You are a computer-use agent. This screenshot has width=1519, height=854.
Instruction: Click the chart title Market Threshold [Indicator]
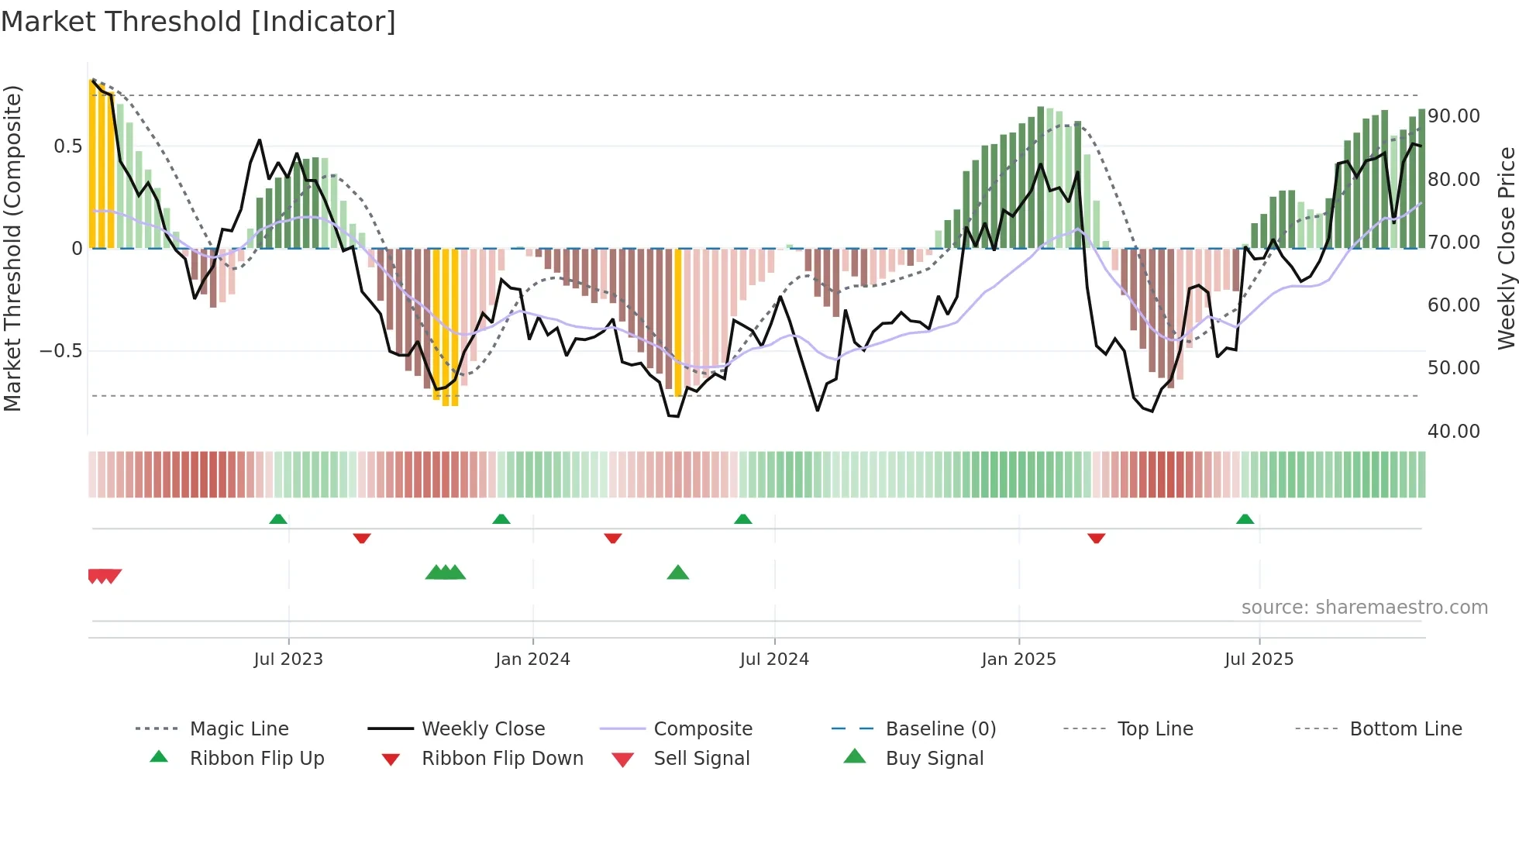[x=198, y=22]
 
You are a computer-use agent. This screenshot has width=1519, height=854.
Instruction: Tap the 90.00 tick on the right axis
[x=1453, y=116]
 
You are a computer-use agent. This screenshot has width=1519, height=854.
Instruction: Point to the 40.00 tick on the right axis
[x=1453, y=431]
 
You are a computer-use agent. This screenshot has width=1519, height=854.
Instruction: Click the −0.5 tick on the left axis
[x=61, y=351]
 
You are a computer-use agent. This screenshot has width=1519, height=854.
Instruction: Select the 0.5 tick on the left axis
[x=67, y=146]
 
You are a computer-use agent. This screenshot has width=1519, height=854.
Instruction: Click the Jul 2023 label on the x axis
[x=288, y=659]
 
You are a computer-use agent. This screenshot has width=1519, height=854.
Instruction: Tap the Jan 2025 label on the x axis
[x=1018, y=659]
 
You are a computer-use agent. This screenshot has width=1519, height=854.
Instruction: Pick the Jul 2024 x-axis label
[x=774, y=659]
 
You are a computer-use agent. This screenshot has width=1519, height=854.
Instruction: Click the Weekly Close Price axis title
[x=1506, y=248]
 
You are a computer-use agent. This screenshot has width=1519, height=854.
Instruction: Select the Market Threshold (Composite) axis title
[x=12, y=248]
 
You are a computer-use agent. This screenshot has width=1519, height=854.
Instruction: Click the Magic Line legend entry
[x=239, y=729]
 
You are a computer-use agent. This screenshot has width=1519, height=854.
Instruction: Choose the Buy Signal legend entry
[x=934, y=759]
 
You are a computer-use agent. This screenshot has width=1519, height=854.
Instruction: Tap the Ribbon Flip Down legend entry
[x=502, y=759]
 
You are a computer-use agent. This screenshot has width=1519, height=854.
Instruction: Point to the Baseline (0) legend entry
[x=940, y=729]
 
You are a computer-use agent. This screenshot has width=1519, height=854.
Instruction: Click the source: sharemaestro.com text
[x=1364, y=608]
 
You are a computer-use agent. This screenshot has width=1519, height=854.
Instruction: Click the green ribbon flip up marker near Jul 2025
[x=1245, y=519]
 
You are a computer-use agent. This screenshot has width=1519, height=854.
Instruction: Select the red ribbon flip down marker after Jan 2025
[x=1096, y=538]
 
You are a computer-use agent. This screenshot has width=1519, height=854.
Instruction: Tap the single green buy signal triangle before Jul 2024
[x=678, y=573]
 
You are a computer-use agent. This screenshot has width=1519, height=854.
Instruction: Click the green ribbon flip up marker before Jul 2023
[x=278, y=519]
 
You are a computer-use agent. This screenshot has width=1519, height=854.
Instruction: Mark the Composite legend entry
[x=702, y=729]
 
